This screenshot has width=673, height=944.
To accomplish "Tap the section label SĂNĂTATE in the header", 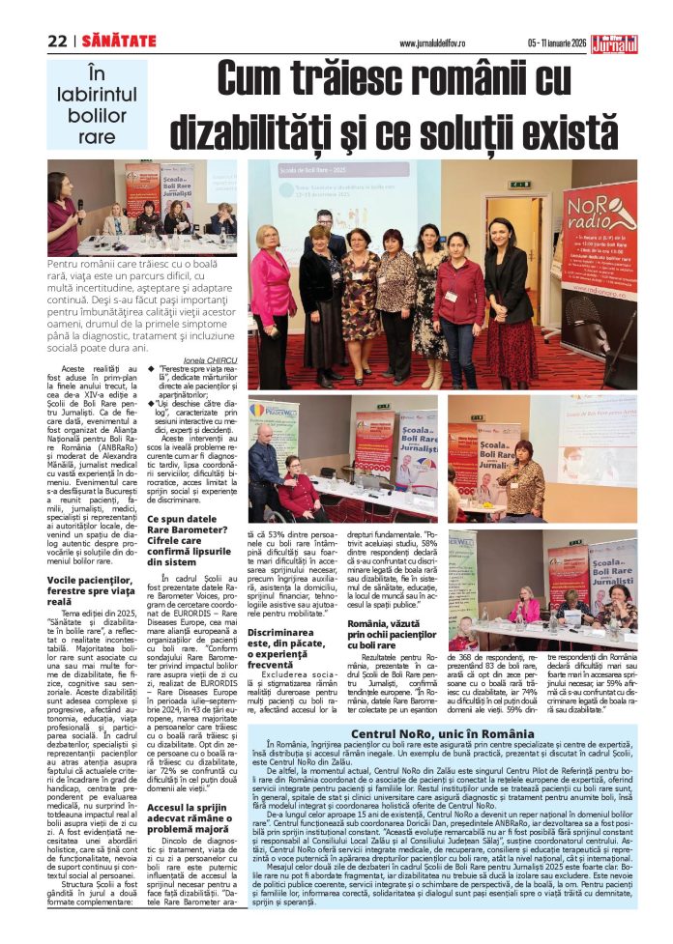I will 119,41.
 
